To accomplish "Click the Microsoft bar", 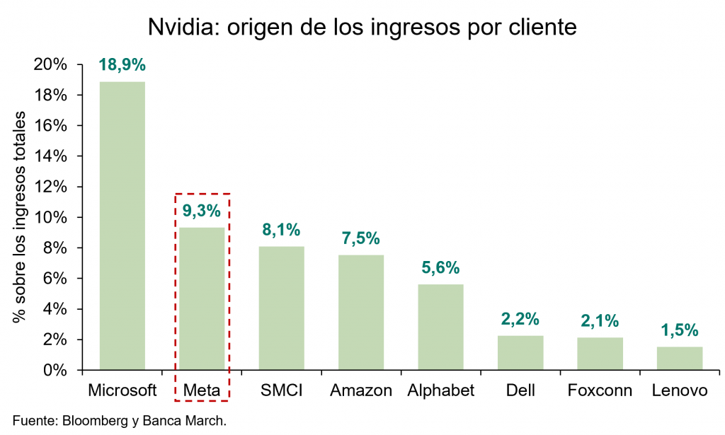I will [122, 226].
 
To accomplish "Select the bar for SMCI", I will [281, 308].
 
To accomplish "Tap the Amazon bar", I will [361, 312].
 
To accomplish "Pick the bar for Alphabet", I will [440, 327].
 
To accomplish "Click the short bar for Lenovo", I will [679, 358].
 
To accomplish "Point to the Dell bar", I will [520, 352].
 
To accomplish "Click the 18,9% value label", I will [122, 64].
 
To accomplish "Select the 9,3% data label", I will [202, 210].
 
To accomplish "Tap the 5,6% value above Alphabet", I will [440, 267].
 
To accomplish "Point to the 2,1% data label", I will [600, 320].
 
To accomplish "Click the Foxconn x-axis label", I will [600, 390].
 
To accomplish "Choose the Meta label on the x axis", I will [202, 390].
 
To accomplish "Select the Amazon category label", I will [361, 390].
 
